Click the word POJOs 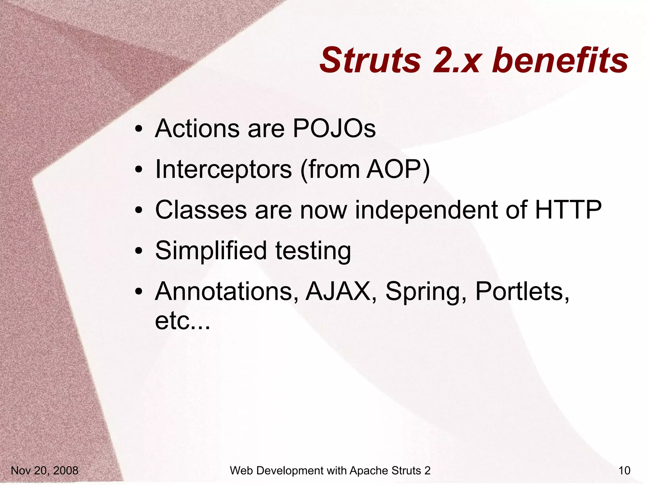coord(334,129)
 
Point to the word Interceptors coord(223,170)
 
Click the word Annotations coord(227,291)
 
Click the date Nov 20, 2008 coord(45,470)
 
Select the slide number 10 coord(624,470)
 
